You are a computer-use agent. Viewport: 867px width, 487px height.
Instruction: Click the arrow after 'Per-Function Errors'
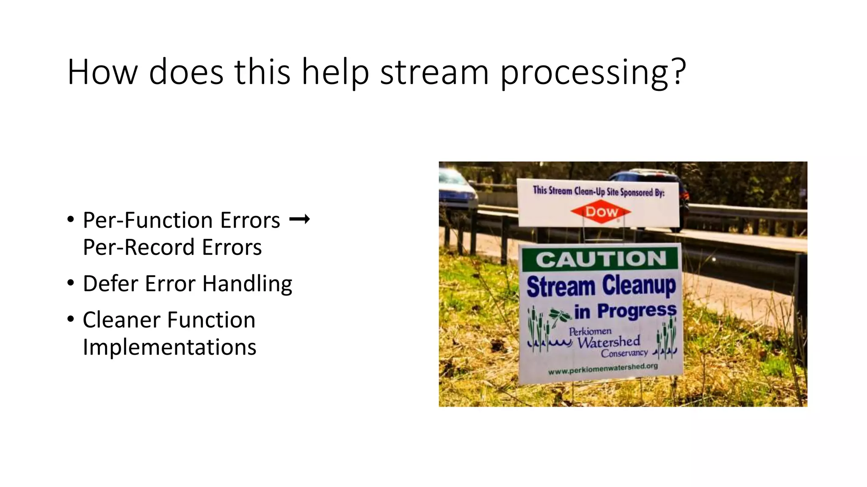coord(299,219)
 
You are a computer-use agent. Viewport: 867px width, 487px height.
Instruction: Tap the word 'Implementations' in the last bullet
coord(169,347)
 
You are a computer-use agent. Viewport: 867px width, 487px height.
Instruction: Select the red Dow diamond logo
coord(601,212)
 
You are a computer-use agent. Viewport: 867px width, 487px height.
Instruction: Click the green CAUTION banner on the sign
coord(600,259)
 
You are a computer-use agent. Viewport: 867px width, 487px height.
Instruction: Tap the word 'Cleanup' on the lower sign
coord(639,286)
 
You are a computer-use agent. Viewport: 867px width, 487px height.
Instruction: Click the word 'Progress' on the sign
coord(637,311)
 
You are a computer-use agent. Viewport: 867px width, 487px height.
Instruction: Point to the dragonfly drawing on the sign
coord(560,316)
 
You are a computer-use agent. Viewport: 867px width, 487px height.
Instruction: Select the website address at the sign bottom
coord(603,369)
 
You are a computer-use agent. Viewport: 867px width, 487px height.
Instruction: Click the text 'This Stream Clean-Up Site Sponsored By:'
coord(599,192)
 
